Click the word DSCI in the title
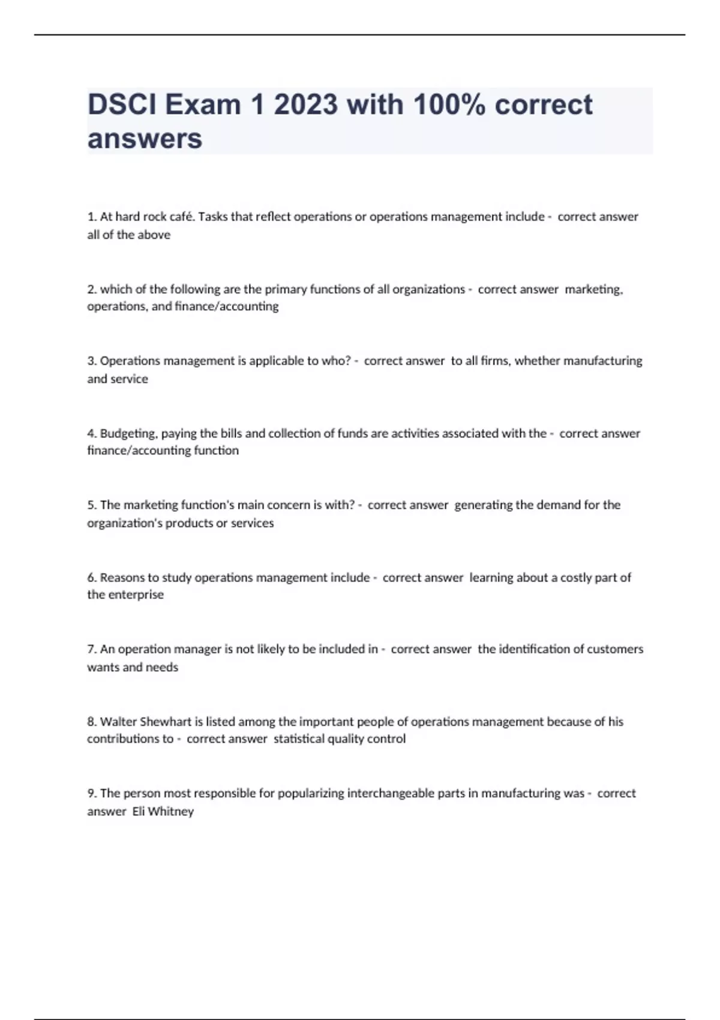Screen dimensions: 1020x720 [x=122, y=105]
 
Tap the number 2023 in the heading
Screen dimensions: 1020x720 [x=306, y=105]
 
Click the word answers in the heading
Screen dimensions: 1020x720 [x=145, y=139]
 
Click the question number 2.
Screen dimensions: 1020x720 [x=92, y=289]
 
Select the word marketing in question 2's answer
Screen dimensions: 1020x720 [x=593, y=289]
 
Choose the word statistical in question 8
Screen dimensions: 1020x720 [x=299, y=739]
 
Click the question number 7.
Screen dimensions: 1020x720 [x=92, y=649]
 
